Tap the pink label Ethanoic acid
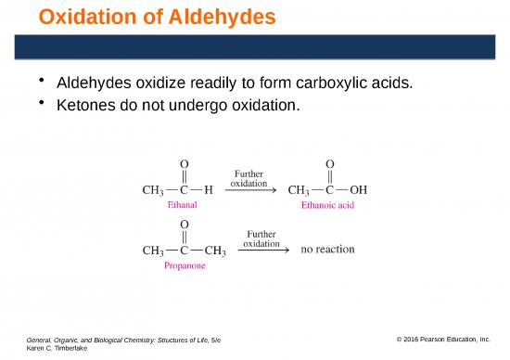328,205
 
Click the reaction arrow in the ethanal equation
257,190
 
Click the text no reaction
327,250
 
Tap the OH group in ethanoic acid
358,190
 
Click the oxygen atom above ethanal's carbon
185,164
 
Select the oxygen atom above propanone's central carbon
185,224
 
